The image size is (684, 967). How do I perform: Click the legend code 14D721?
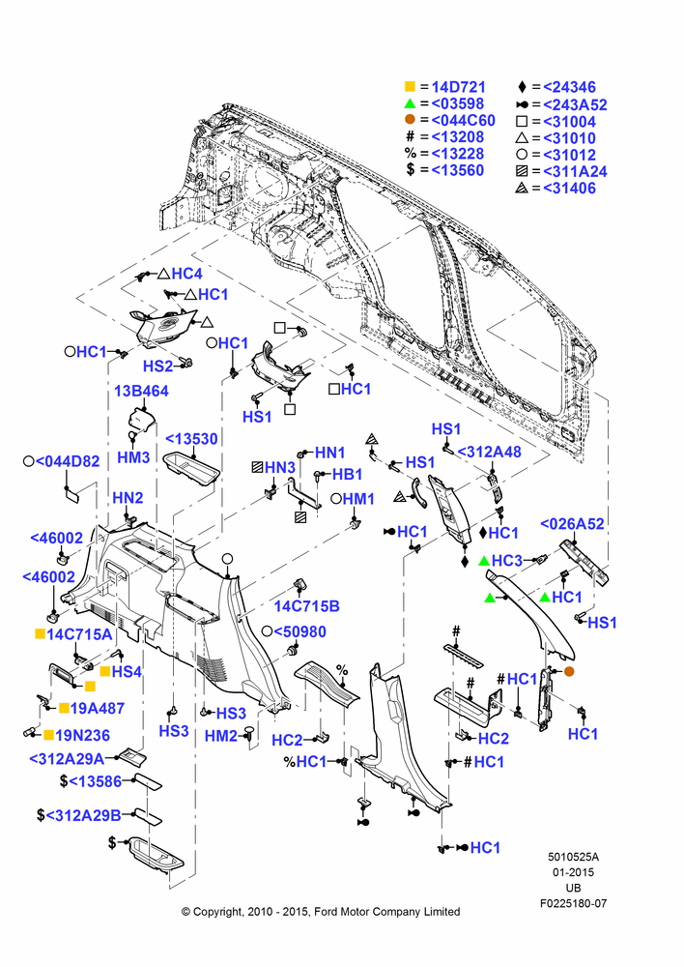pos(458,87)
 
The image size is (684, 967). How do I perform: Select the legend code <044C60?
pos(463,120)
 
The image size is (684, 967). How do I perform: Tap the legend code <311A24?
pos(575,171)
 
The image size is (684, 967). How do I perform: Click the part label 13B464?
pos(141,391)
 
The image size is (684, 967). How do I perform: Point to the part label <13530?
pos(191,439)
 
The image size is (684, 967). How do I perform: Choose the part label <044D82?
pos(68,461)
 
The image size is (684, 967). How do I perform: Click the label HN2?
pos(128,498)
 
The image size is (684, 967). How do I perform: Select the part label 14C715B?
pos(306,606)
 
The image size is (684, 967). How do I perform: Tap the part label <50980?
pos(299,632)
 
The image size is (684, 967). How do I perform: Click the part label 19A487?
pos(98,709)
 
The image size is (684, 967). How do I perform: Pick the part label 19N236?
pos(82,735)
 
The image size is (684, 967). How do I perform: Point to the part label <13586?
pos(95,781)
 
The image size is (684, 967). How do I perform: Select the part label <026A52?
pos(572,524)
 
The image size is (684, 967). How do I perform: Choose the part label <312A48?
pos(489,452)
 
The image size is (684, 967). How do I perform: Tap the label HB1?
pos(347,475)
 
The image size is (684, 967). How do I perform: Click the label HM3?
pos(133,457)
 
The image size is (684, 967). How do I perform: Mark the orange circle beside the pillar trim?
pos(569,671)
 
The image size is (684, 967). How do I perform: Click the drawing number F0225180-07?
pos(573,903)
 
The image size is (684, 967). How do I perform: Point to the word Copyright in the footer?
pos(215,912)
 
